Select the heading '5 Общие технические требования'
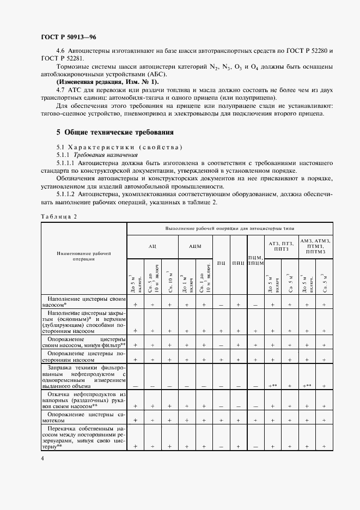(115, 132)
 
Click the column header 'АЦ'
(152, 246)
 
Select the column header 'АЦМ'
(195, 246)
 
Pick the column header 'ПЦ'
(222, 263)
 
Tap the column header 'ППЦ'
(238, 263)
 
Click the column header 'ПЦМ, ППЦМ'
(255, 260)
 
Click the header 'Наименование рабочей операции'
(84, 256)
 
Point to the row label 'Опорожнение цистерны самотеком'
(84, 417)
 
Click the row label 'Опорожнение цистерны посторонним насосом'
(84, 356)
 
